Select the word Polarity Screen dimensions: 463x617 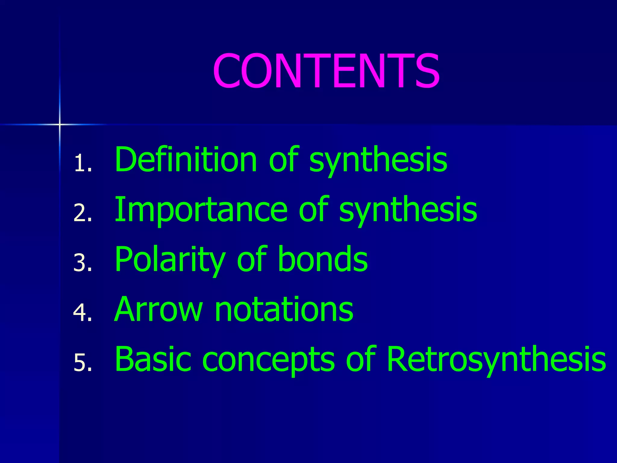170,259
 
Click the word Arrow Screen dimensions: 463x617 158,309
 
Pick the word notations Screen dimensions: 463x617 284,309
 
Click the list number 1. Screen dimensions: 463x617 82,163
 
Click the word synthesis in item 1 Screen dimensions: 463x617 378,160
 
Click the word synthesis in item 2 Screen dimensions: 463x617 408,210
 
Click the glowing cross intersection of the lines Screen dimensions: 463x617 59,124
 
